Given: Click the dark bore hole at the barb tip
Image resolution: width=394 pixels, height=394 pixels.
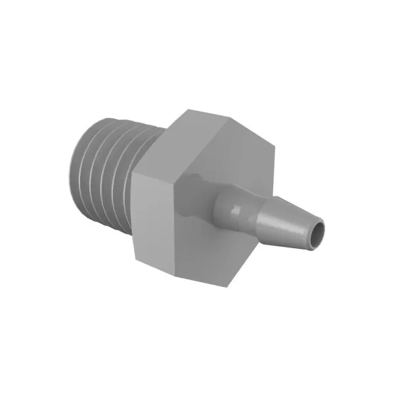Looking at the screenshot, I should [317, 232].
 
